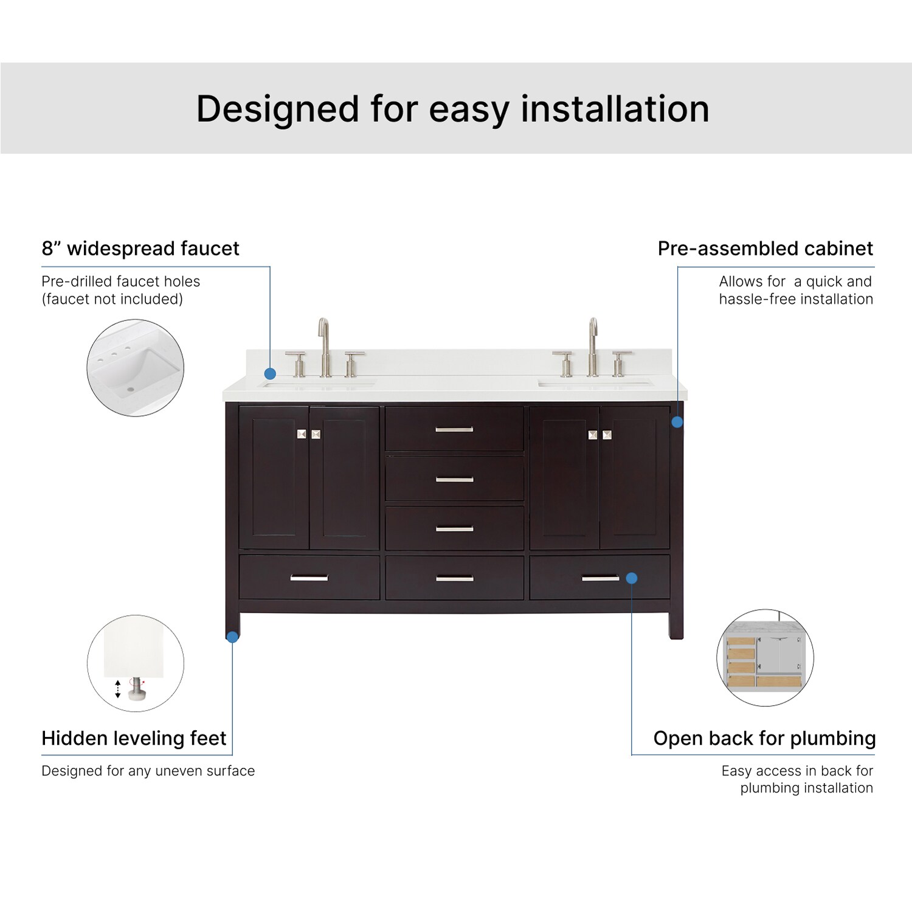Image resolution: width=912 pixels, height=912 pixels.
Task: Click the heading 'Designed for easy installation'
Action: point(453,109)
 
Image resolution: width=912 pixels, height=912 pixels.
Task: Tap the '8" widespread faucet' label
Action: point(140,249)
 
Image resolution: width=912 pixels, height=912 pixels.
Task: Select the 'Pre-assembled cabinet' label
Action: point(765,249)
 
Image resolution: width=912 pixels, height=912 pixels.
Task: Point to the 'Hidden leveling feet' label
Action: point(134,738)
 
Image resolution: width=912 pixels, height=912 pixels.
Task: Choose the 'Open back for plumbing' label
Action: point(764,738)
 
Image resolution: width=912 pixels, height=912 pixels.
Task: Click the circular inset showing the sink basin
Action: point(135,368)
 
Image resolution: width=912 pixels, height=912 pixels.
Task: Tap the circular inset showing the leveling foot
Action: point(135,663)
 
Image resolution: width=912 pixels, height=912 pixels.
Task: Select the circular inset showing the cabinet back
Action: point(765,658)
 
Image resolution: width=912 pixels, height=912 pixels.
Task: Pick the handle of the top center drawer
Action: point(454,430)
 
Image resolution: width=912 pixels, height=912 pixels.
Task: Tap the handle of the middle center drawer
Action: point(454,480)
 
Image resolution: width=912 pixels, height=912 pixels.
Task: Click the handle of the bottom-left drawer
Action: point(309,578)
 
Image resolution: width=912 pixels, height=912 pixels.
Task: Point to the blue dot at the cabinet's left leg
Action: point(232,637)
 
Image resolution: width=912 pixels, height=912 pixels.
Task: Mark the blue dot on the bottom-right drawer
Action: point(632,578)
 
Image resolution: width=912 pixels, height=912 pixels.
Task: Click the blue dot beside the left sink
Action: point(270,374)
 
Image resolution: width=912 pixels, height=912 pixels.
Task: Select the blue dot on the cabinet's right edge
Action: point(677,422)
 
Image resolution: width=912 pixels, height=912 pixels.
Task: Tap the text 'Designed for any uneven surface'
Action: point(148,771)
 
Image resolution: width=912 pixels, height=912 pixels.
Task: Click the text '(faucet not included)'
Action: point(112,299)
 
